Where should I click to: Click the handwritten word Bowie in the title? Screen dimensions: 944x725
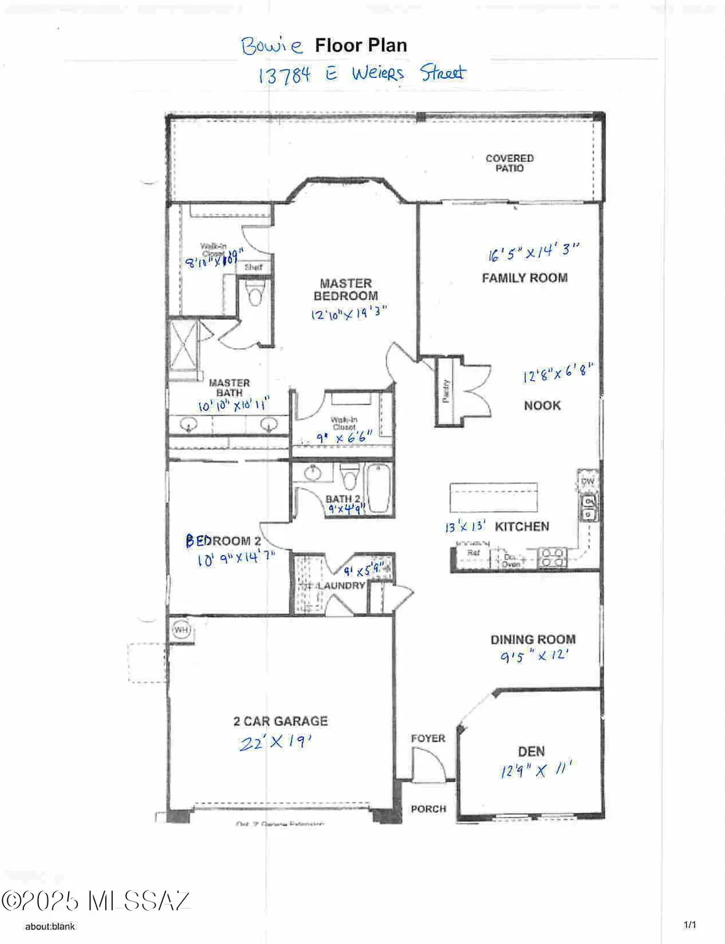[271, 46]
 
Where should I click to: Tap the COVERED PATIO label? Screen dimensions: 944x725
[509, 163]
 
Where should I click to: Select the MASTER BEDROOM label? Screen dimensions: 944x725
[346, 289]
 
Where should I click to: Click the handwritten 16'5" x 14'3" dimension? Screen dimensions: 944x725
[532, 252]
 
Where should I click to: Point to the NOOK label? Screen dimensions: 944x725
[542, 406]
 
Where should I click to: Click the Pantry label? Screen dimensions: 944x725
[446, 391]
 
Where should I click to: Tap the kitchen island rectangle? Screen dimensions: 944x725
[493, 498]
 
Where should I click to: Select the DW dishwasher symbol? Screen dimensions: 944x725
[588, 481]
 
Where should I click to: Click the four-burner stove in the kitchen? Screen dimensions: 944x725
[553, 558]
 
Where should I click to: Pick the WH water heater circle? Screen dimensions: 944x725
[181, 629]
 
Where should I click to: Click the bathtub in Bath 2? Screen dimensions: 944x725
[379, 488]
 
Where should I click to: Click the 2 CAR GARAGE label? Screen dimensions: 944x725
[280, 721]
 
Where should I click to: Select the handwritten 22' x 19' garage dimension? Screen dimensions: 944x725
[275, 743]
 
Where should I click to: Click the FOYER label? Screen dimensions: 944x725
[428, 738]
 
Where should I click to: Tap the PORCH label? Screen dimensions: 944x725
[428, 809]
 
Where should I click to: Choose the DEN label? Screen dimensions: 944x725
[531, 751]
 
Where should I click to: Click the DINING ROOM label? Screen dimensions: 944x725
[533, 639]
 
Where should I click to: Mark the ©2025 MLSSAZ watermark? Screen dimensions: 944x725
[96, 901]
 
